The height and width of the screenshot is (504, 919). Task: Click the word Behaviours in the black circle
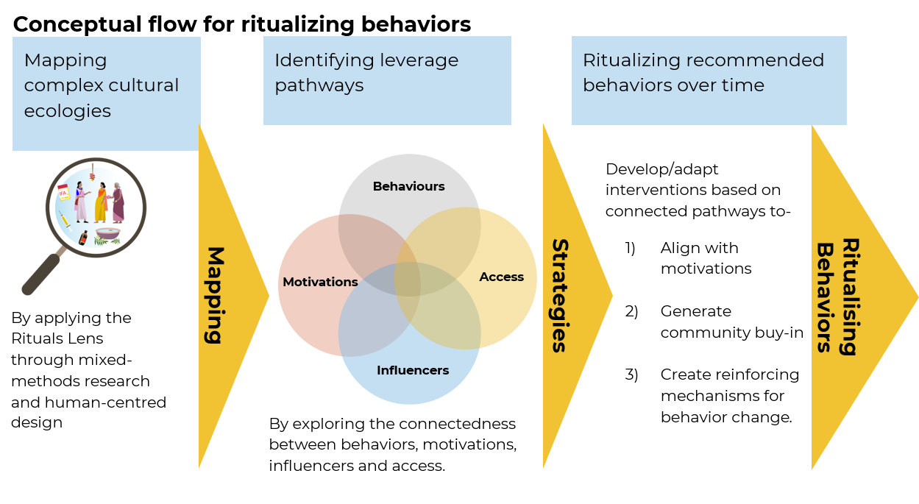(x=408, y=187)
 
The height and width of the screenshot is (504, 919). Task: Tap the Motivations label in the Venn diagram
(x=320, y=282)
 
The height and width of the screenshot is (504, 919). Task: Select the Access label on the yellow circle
(x=501, y=277)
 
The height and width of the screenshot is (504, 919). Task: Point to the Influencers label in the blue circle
(x=412, y=370)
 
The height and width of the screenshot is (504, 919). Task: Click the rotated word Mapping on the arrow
(x=213, y=295)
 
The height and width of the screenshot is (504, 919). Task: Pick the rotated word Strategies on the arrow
(x=560, y=295)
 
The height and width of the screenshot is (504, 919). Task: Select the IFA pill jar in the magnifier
(x=63, y=193)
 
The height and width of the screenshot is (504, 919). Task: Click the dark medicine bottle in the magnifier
(x=83, y=238)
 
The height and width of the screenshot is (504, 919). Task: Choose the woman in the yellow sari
(x=101, y=202)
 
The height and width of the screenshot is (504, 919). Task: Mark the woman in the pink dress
(x=81, y=202)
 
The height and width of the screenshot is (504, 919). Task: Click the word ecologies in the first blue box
(x=67, y=111)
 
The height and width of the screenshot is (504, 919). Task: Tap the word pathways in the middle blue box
(x=319, y=85)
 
